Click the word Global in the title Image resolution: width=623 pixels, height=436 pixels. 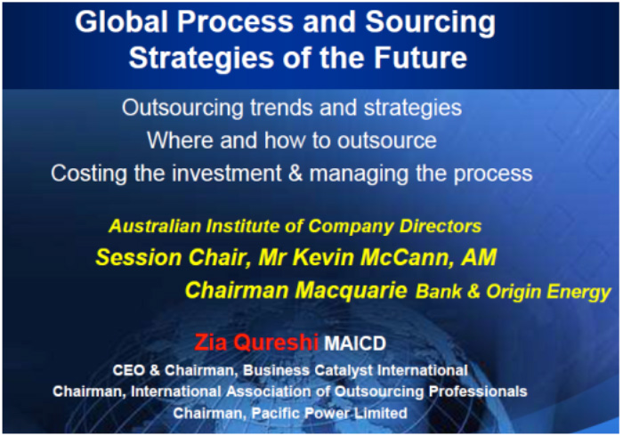[x=123, y=21]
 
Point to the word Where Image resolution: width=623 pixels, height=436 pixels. [x=180, y=141]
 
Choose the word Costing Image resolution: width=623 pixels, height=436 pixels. [x=89, y=174]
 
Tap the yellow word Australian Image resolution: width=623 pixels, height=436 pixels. [x=155, y=226]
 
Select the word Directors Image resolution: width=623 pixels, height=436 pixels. [x=441, y=226]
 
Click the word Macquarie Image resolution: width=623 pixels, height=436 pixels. [x=351, y=291]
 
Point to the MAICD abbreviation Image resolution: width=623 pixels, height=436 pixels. [x=355, y=343]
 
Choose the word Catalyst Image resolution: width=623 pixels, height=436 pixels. [x=344, y=370]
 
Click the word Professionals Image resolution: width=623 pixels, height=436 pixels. [x=478, y=392]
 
